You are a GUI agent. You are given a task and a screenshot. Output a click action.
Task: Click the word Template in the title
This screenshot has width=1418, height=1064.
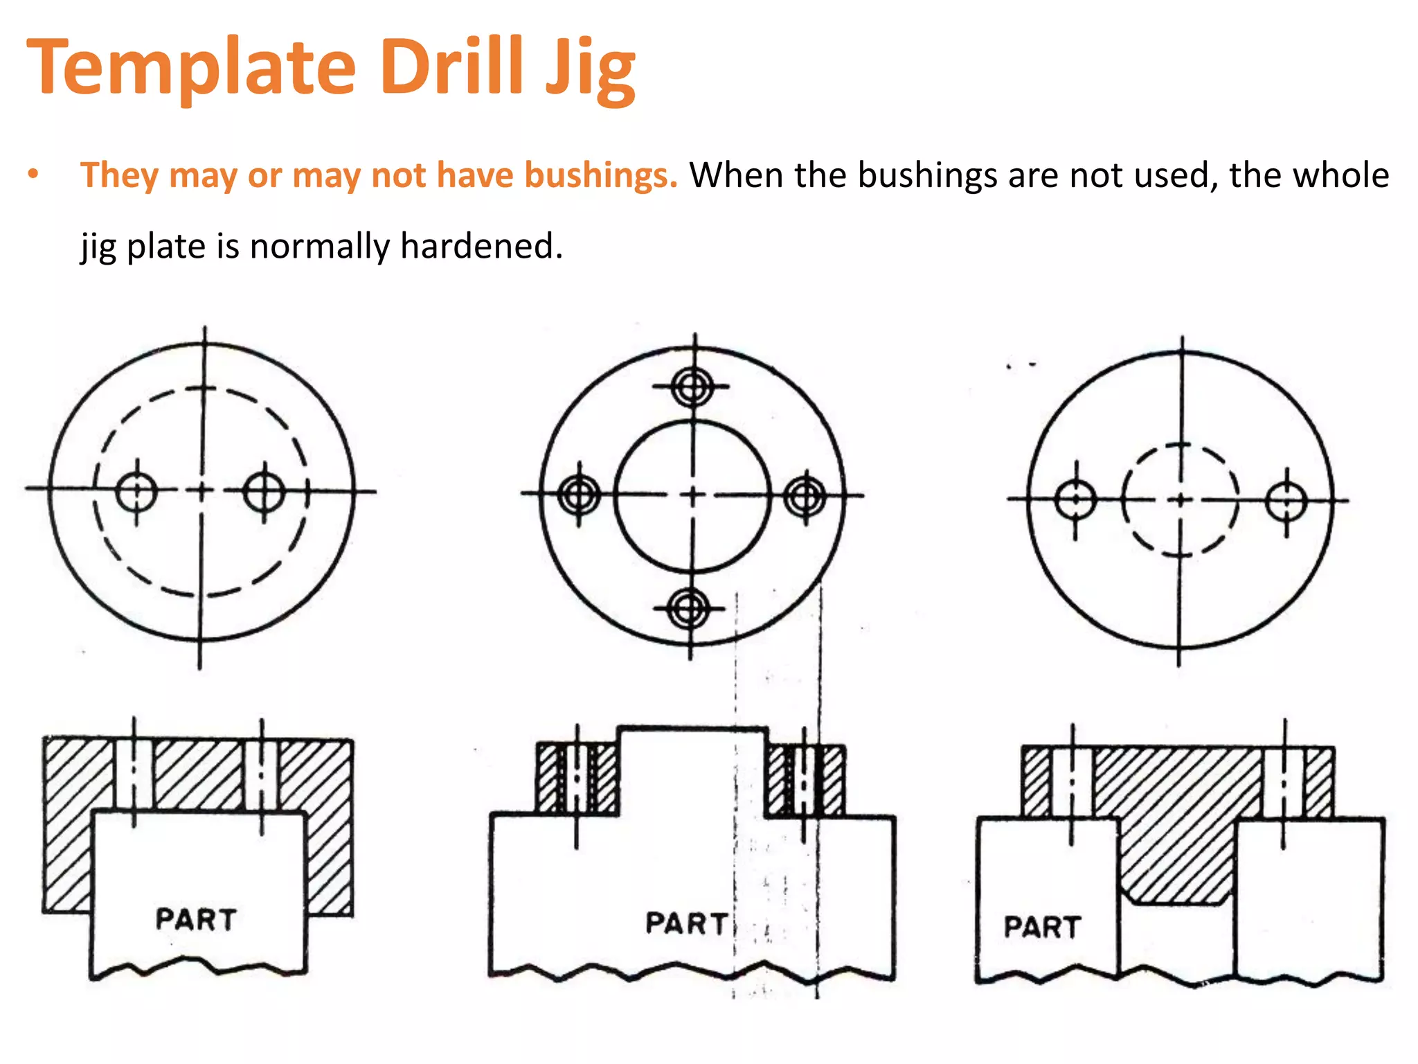(x=191, y=68)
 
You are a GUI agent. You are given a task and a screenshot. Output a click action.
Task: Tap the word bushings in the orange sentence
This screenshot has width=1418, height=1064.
(x=600, y=175)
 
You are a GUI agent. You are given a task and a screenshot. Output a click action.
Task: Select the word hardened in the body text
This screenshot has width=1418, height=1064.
(x=481, y=247)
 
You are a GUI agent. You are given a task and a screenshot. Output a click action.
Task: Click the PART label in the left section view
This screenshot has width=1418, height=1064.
(x=196, y=919)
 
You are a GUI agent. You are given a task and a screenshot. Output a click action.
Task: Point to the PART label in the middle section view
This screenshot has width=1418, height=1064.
(x=685, y=923)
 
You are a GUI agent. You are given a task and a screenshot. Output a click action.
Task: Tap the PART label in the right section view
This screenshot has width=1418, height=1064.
(x=1042, y=927)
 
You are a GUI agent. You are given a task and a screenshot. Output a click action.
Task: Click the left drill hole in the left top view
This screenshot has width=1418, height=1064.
(x=136, y=491)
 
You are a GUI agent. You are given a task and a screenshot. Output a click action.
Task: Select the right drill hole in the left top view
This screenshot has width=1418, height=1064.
(x=264, y=492)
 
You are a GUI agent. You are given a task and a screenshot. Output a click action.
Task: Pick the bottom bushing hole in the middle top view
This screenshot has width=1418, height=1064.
(x=690, y=609)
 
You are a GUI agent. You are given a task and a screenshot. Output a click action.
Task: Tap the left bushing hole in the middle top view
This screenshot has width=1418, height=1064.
(x=579, y=495)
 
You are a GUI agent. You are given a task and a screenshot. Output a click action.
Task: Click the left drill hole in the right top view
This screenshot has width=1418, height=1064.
(x=1075, y=499)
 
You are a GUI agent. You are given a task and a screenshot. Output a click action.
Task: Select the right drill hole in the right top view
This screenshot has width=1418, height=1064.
(x=1286, y=501)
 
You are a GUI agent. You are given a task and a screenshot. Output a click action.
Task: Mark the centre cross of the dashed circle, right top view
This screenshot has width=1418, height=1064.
(x=1181, y=499)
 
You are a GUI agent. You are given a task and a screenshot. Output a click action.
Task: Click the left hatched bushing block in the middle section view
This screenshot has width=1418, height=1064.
(x=577, y=778)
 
